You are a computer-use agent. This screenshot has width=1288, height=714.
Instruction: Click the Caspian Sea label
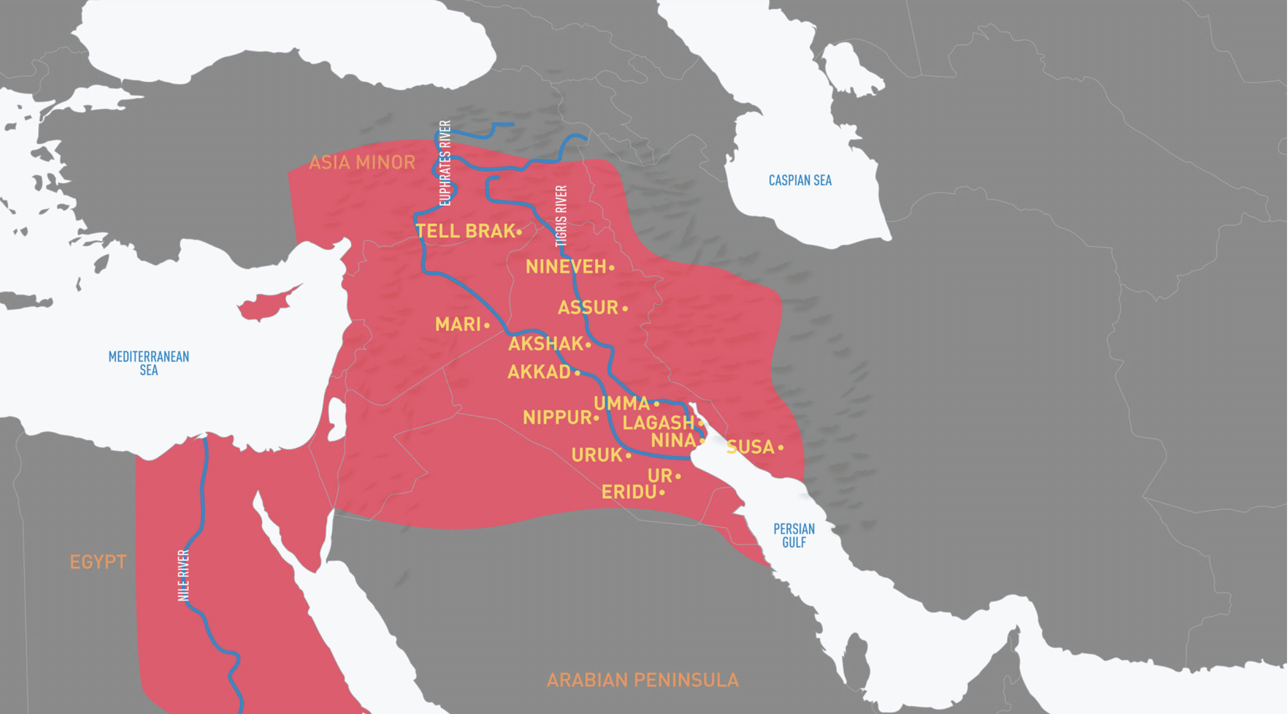pos(799,180)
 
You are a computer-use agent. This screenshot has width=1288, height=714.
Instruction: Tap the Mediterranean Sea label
pos(149,363)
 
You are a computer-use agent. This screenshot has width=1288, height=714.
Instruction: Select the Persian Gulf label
pos(793,535)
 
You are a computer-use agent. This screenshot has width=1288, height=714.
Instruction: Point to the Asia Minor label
pos(362,162)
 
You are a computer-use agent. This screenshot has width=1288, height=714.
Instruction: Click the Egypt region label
pos(98,562)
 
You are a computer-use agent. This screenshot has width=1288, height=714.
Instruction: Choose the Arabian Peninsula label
pos(643,680)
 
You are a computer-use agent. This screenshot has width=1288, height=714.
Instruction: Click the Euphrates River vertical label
pos(445,163)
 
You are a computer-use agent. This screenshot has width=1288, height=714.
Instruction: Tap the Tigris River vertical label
pos(561,216)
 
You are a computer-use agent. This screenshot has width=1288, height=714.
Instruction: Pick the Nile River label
pos(183,575)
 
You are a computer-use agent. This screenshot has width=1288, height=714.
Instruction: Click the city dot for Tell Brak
pos(519,232)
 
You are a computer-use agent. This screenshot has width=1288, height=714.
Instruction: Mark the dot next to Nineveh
pos(611,268)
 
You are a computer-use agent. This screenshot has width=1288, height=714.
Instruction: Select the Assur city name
pos(588,308)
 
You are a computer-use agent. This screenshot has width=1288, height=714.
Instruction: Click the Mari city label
pos(458,325)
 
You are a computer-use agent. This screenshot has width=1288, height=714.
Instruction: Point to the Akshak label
pos(545,344)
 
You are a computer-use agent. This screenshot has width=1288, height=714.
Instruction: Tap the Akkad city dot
pos(578,373)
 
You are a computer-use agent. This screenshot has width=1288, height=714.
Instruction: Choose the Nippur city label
pos(557,418)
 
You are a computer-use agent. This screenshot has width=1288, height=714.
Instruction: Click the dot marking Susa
pos(780,448)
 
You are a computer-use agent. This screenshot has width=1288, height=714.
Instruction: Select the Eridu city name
pos(628,493)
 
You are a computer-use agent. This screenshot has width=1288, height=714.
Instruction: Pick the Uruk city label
pos(596,455)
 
